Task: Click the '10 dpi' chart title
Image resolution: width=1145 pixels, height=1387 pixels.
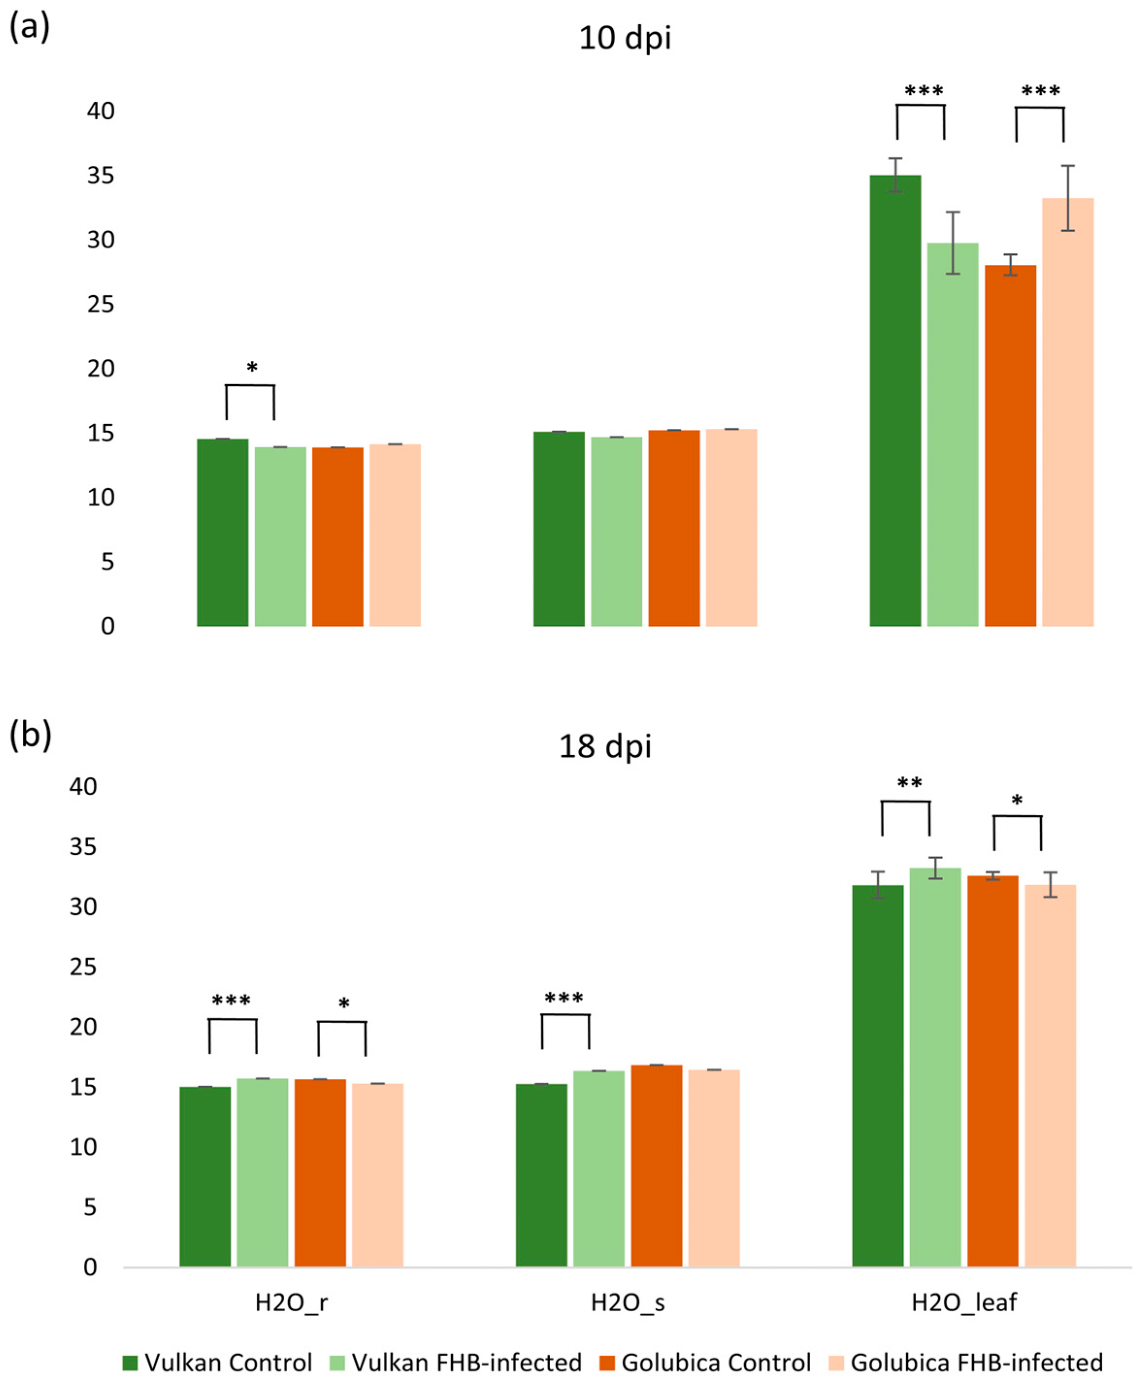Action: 624,37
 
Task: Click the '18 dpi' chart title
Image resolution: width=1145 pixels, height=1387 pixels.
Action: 605,747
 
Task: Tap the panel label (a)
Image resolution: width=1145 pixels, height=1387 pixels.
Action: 29,28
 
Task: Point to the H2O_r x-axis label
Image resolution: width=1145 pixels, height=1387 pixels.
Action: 291,1303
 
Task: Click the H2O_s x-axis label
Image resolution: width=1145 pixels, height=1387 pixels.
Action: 627,1303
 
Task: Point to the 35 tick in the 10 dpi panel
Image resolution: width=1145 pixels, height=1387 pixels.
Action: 100,176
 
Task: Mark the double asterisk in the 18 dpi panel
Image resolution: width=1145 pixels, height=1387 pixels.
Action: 909,783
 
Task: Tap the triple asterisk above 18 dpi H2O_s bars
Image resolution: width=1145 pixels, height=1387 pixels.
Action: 564,998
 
